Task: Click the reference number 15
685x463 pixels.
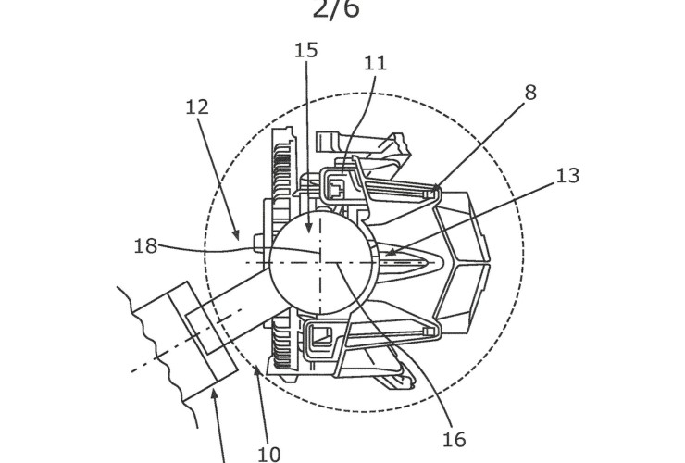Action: click(306, 50)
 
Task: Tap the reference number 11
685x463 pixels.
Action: click(375, 64)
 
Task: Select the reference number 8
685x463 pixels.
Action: click(529, 93)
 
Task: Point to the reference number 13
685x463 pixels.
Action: click(567, 175)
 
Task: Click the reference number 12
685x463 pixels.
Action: click(196, 106)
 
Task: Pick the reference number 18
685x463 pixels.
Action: click(146, 246)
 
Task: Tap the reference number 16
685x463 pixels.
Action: click(455, 438)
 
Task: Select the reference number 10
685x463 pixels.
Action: click(268, 454)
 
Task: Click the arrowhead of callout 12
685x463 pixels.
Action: click(239, 239)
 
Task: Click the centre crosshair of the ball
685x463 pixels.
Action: click(319, 262)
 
